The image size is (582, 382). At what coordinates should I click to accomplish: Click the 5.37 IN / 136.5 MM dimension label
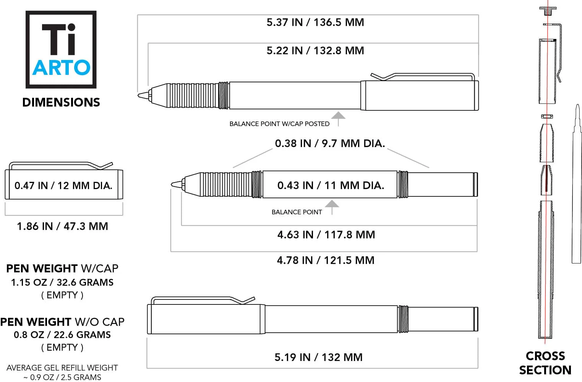(x=315, y=23)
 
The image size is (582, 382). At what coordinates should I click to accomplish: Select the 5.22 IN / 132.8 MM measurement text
(x=315, y=51)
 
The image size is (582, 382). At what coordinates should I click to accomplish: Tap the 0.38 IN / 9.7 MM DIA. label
(x=330, y=144)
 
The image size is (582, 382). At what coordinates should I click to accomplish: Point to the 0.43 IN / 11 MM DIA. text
(x=331, y=186)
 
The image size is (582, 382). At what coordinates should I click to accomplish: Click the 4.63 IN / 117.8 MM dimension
(x=326, y=235)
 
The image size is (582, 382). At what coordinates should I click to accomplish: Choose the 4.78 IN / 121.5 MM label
(x=326, y=261)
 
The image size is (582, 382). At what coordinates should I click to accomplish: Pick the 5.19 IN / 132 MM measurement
(x=318, y=358)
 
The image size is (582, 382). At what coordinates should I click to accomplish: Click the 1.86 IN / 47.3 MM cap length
(x=62, y=227)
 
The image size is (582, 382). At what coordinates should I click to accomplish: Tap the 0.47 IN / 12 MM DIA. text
(x=63, y=186)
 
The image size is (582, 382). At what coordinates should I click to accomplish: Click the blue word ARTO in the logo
(x=61, y=68)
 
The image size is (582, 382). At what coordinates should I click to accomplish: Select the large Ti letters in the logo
(x=59, y=39)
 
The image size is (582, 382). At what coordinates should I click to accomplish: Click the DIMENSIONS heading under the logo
(x=61, y=102)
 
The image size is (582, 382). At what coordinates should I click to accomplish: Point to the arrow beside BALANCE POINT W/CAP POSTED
(x=338, y=118)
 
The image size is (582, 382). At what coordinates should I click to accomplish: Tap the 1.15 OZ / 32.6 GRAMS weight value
(x=62, y=283)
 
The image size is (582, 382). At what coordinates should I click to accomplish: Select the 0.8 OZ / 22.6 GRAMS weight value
(x=62, y=335)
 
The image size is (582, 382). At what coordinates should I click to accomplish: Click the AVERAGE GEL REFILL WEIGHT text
(x=62, y=368)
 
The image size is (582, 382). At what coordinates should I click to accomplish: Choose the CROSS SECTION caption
(x=545, y=363)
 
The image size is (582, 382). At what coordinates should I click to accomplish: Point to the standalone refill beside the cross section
(x=576, y=183)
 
